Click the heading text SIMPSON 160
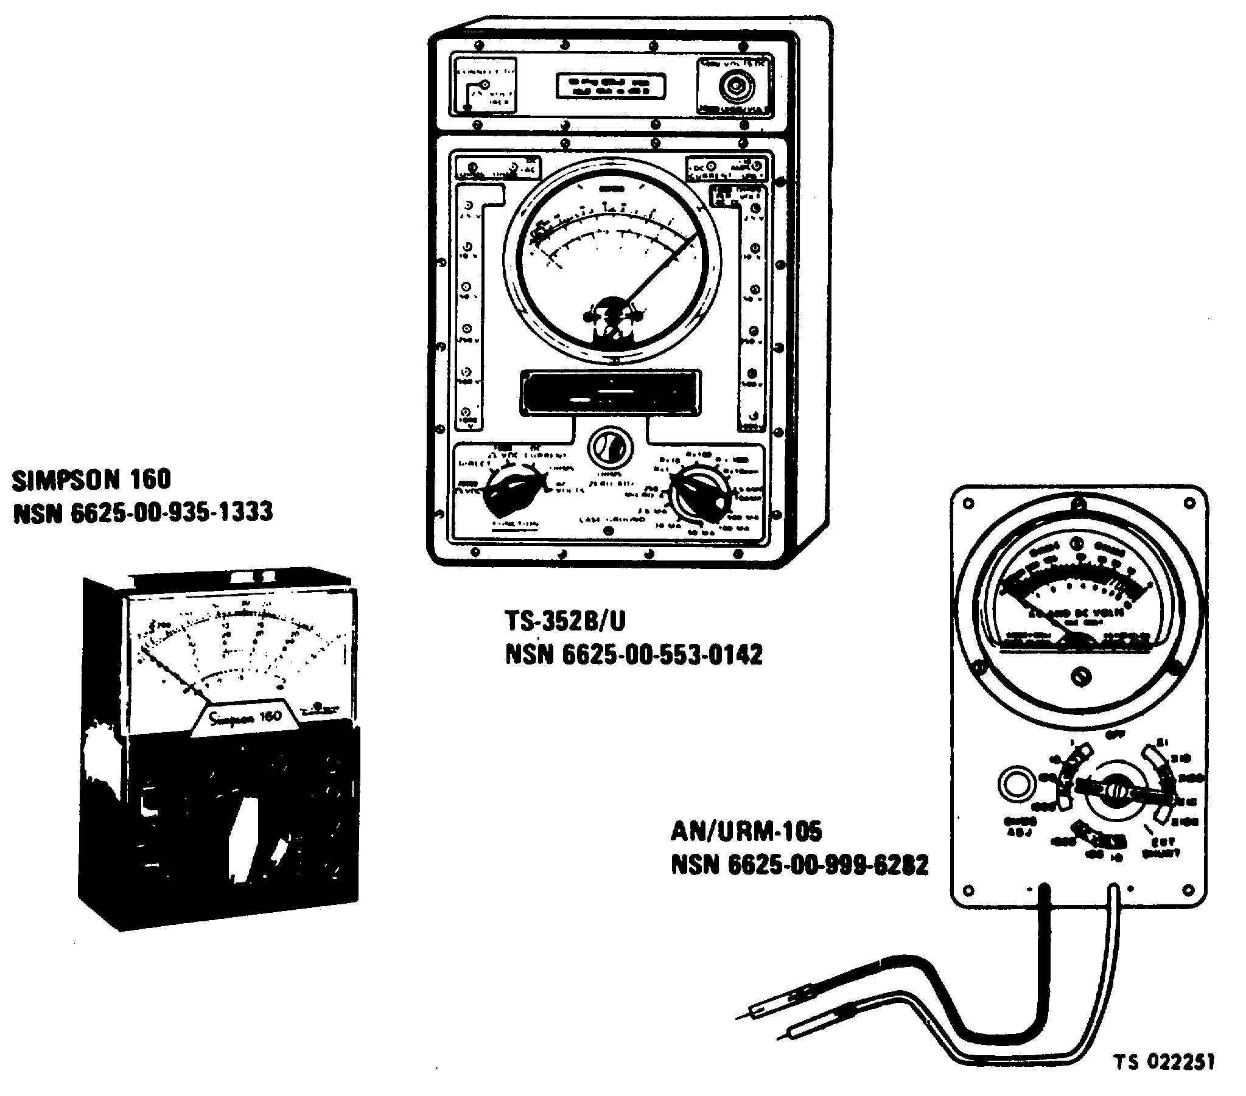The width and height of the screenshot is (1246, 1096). [x=91, y=480]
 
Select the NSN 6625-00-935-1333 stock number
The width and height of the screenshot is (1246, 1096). [x=142, y=512]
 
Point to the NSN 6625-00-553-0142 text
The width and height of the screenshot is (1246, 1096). [x=634, y=655]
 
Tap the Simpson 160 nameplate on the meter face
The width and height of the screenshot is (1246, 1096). [x=245, y=717]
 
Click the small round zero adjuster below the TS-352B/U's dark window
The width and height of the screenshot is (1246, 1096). [x=609, y=449]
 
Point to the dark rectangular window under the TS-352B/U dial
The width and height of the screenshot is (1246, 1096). [x=609, y=391]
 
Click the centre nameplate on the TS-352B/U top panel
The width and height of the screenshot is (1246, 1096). [x=609, y=86]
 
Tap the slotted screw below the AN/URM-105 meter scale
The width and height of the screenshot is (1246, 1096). [x=1081, y=676]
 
